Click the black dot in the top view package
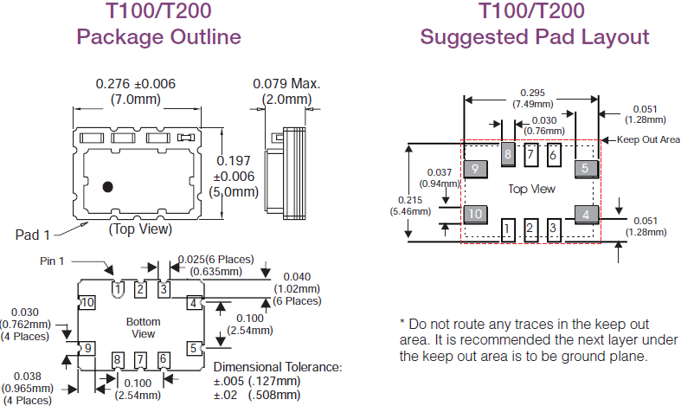tap(108, 186)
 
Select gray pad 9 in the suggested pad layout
tap(474, 168)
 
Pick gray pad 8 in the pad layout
tap(509, 155)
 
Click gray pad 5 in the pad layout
tap(586, 168)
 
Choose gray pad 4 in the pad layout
tap(586, 214)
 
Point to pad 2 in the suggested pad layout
tap(532, 230)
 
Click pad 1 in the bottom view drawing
tap(118, 288)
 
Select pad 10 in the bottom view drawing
tap(87, 303)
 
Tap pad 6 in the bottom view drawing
tap(163, 359)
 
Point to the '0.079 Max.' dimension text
tap(286, 84)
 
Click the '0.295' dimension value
tap(533, 93)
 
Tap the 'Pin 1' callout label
tap(54, 261)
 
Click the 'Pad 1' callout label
tap(32, 235)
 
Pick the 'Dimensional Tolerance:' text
tap(278, 367)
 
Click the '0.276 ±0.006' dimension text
tap(134, 84)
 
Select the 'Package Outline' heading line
tap(158, 37)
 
